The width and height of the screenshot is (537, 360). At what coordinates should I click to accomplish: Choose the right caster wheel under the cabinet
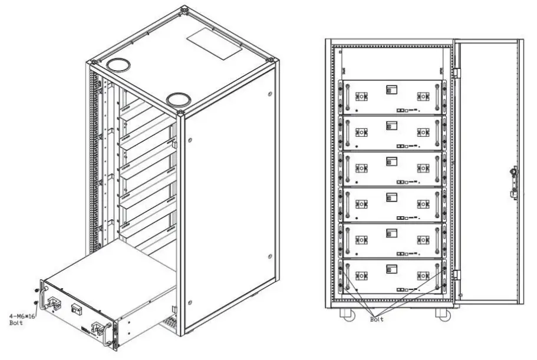coord(443,314)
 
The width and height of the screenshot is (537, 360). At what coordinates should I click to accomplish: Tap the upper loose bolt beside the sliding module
coord(37,290)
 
